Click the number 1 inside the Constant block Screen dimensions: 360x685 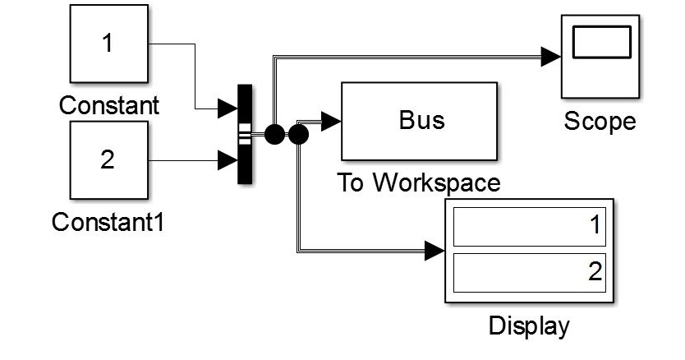coord(108,43)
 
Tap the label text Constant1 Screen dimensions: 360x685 coord(108,222)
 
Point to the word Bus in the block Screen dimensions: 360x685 coord(421,120)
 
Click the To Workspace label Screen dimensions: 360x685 coord(419,182)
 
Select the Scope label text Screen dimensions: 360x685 coord(600,122)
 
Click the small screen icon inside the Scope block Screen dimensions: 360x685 coord(600,44)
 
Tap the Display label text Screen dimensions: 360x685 coord(529,325)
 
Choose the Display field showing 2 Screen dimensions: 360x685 coord(529,270)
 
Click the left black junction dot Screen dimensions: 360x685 coord(274,132)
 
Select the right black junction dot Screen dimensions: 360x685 coord(297,132)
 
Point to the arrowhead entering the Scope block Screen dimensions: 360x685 coord(550,56)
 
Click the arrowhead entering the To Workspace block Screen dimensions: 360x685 coord(331,121)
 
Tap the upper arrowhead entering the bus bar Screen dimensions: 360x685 coord(227,107)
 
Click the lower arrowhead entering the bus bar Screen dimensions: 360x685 coord(227,159)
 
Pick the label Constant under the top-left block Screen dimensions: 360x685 coord(108,106)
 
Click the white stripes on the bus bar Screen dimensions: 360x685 coord(245,133)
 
